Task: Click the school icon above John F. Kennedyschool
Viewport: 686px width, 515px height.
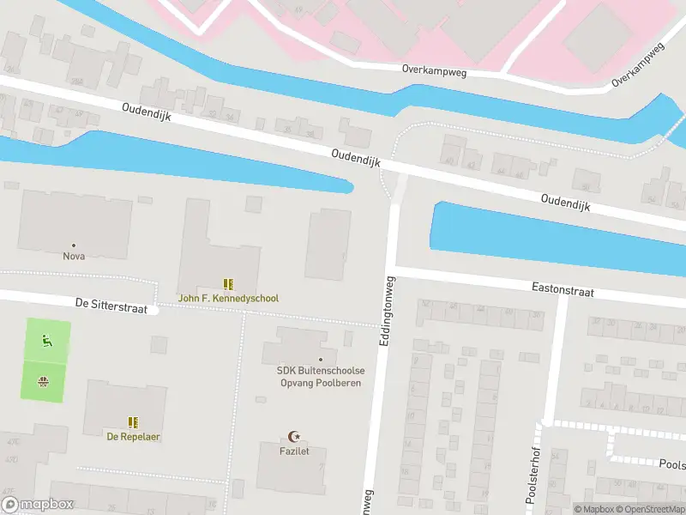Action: point(228,284)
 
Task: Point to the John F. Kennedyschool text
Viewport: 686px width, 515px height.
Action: point(228,299)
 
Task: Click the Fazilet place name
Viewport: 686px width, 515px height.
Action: point(293,451)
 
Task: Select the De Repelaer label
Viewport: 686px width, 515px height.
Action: point(133,436)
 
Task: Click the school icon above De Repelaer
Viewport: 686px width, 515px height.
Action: point(133,422)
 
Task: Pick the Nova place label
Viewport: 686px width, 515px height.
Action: point(74,256)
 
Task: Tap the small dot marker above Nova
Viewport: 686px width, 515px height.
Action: point(74,245)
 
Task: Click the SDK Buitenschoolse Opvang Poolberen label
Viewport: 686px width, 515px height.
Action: point(320,376)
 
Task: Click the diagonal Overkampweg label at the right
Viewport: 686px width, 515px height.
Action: point(639,64)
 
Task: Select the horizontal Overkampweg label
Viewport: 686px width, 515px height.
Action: point(434,72)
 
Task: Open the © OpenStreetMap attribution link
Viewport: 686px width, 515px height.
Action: point(649,509)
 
